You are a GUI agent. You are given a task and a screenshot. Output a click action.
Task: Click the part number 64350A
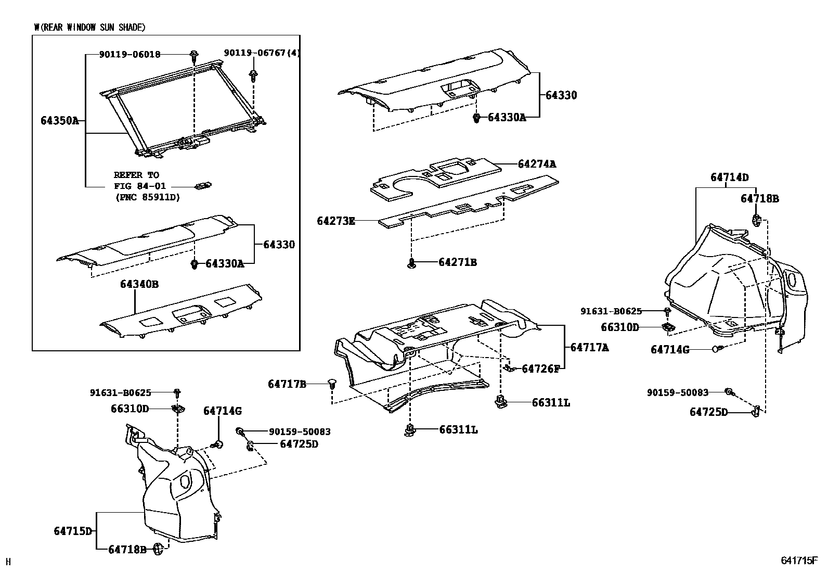(x=59, y=121)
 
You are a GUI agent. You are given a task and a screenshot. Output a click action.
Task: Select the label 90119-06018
(x=130, y=54)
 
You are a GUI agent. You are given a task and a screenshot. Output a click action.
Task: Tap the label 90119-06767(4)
(x=262, y=53)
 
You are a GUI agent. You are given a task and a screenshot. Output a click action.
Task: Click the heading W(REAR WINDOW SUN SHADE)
(x=89, y=28)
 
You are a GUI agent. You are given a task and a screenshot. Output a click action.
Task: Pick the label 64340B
(x=139, y=284)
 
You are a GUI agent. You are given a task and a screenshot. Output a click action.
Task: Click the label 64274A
(x=537, y=164)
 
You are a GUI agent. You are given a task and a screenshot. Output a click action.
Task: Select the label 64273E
(x=335, y=221)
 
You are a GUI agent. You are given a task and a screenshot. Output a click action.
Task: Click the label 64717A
(x=589, y=347)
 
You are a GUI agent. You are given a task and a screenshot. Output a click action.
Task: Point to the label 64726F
(x=540, y=369)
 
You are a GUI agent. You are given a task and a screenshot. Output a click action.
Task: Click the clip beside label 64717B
(x=331, y=384)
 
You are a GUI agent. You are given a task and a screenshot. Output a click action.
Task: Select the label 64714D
(x=729, y=177)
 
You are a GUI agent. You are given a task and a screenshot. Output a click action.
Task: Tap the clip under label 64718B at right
(x=756, y=221)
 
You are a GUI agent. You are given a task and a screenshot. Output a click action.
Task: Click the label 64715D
(x=73, y=531)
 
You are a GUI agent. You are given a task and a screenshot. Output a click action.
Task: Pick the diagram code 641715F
(x=798, y=561)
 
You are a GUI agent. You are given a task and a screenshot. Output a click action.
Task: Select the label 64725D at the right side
(x=708, y=412)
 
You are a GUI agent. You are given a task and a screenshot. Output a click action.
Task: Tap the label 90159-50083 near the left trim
(x=300, y=431)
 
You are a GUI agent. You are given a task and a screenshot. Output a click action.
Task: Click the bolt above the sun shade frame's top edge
(x=194, y=54)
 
